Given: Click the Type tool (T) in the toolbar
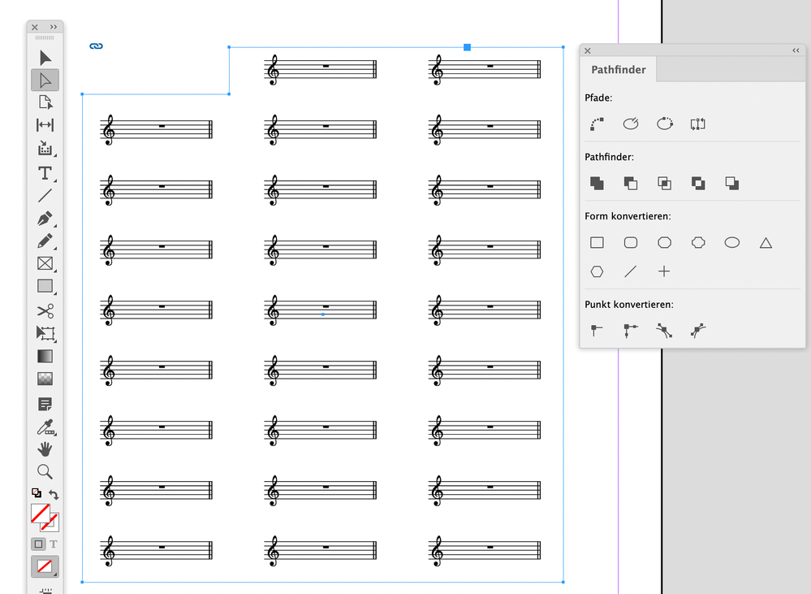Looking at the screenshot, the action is (45, 173).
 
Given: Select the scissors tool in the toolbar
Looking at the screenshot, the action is (45, 310).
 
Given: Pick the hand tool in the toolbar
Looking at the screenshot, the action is (45, 449).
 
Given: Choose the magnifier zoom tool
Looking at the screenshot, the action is (45, 472).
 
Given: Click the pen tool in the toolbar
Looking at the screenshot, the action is (45, 219).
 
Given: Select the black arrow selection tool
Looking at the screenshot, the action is (45, 58).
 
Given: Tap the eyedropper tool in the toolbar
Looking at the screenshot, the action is (45, 427).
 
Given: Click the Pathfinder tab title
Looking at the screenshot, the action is (619, 69).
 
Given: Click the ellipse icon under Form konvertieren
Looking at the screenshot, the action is (732, 242).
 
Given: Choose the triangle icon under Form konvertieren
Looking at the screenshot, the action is (766, 243).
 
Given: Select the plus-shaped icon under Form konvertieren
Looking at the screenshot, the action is (664, 271).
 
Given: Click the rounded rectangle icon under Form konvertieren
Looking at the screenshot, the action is (631, 242).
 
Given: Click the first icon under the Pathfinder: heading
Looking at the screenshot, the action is (597, 184).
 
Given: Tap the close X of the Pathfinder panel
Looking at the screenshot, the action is (588, 50).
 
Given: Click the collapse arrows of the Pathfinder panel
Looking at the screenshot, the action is (796, 50).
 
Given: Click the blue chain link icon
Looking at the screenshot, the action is (97, 46).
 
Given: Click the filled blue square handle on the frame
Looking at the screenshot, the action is (467, 47).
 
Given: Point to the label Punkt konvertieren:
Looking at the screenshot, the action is (629, 305).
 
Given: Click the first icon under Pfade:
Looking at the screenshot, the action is (597, 124).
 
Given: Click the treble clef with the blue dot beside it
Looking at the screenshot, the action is (273, 310).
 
